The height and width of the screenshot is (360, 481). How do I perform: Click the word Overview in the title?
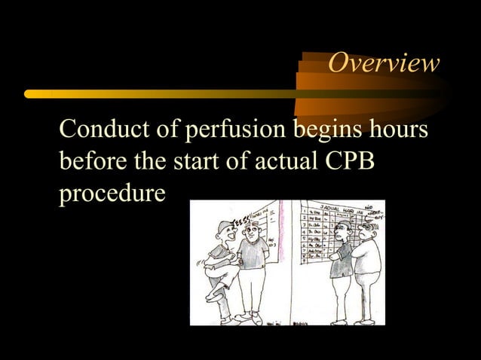click(383, 64)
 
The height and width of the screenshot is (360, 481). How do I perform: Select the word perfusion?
click(234, 130)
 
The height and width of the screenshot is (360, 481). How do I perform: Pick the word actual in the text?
click(286, 161)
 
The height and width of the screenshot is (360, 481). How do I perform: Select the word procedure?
click(112, 194)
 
